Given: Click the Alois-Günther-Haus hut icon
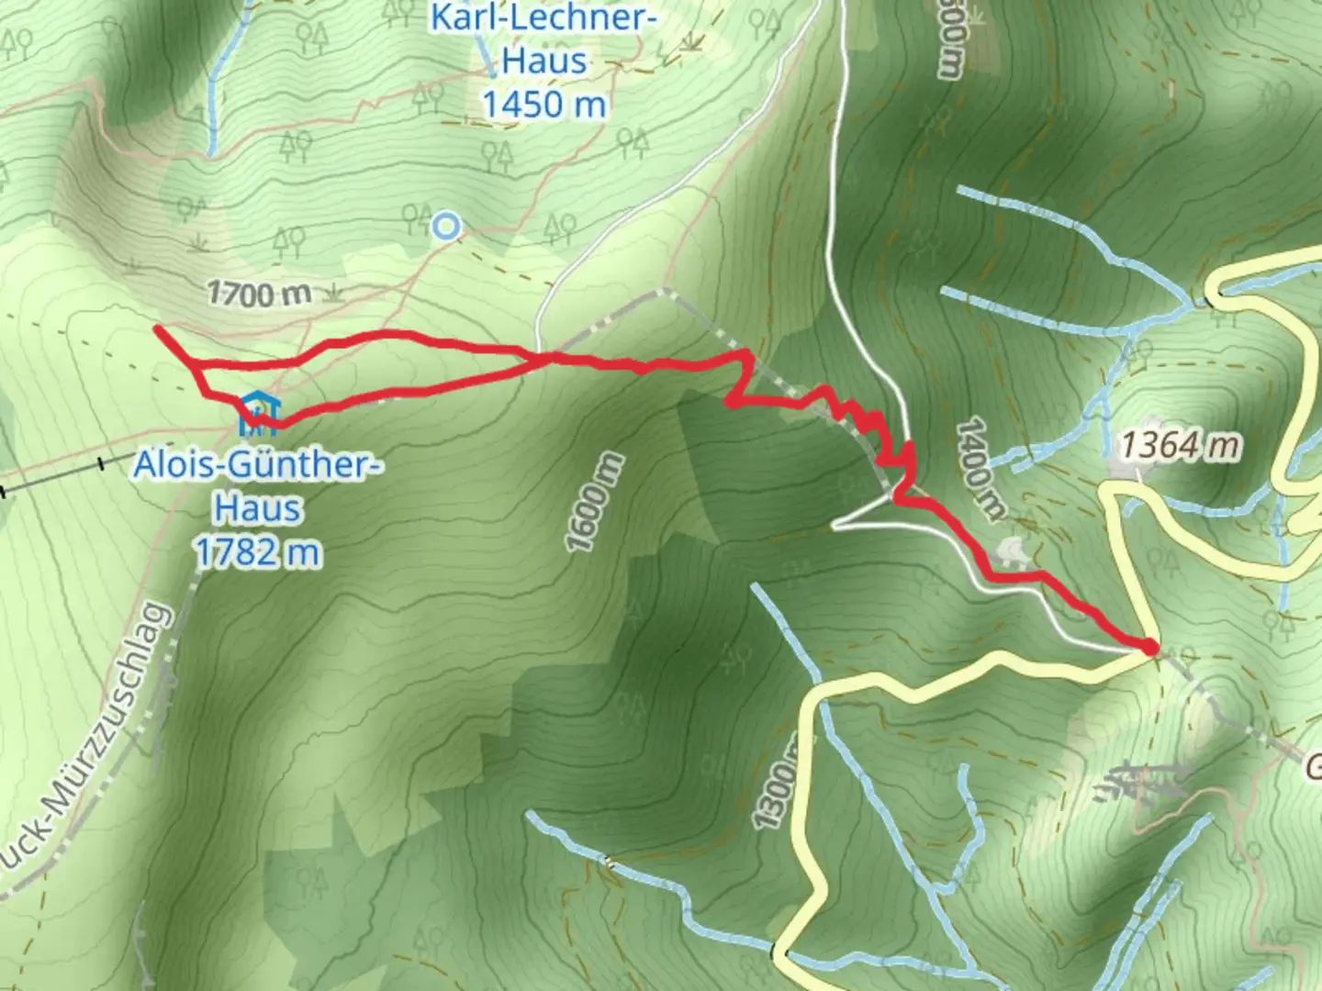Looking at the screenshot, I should coord(258,414).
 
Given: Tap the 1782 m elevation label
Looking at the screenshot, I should coord(258,552).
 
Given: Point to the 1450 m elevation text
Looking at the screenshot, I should coord(544,104).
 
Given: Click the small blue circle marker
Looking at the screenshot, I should coord(446,225).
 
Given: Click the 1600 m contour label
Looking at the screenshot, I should coord(595,502).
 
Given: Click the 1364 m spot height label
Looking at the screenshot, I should coord(1180,446).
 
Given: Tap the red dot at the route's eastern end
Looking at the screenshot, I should coord(1149,648).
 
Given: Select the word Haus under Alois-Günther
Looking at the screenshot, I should coord(258,508).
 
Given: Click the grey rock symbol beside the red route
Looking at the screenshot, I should coord(1012,551).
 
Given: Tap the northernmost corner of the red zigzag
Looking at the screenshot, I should coord(749,352).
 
